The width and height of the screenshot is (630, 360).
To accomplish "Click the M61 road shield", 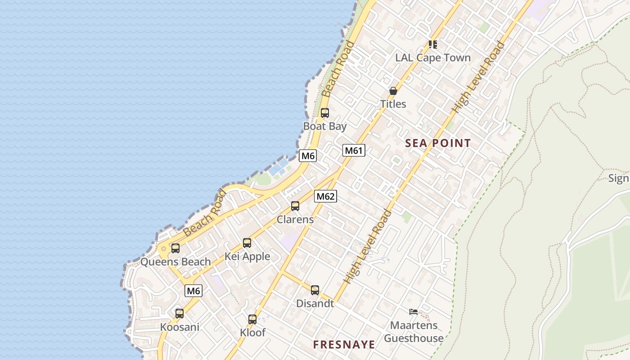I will point(354,150).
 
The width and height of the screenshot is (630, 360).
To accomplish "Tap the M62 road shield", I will point(325,196).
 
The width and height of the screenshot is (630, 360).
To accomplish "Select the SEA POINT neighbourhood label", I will point(438,143).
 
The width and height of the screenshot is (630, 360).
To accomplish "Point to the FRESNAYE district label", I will point(344,345).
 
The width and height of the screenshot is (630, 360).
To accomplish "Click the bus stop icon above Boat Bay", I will point(324,113).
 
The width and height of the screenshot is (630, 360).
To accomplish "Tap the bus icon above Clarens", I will point(295,206).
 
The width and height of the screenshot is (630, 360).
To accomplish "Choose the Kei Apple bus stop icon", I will point(247,243).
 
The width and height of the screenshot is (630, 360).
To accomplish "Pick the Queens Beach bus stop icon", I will point(175,248).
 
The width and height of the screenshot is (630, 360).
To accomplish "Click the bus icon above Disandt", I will point(315,290).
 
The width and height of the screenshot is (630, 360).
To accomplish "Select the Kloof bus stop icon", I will point(252,319).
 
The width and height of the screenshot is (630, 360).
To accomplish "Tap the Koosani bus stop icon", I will point(180,314).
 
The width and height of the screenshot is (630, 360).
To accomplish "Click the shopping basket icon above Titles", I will point(393,91).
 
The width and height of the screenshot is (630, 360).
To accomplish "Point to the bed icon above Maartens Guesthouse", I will point(414,311).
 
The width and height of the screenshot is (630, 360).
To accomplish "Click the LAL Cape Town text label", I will point(432,58).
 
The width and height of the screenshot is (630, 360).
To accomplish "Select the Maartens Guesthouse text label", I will point(414,332).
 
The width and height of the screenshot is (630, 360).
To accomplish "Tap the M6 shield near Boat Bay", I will point(308,156).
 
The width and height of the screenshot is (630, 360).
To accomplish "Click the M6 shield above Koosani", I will point(193,291).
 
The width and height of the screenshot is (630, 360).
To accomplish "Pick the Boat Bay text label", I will point(324,126).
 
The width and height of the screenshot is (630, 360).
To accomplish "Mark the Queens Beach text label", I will point(175,261).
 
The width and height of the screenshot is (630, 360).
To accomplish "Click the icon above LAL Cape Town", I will point(432,44).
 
